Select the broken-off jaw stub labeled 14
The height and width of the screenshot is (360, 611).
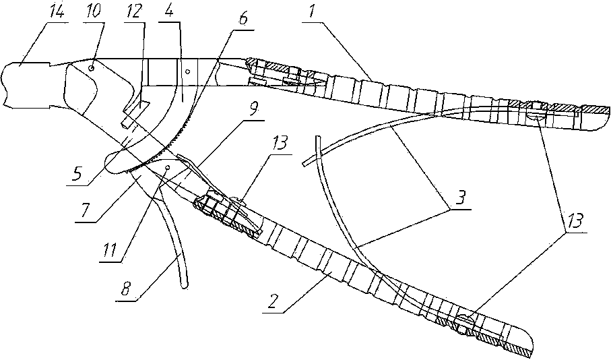27,84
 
